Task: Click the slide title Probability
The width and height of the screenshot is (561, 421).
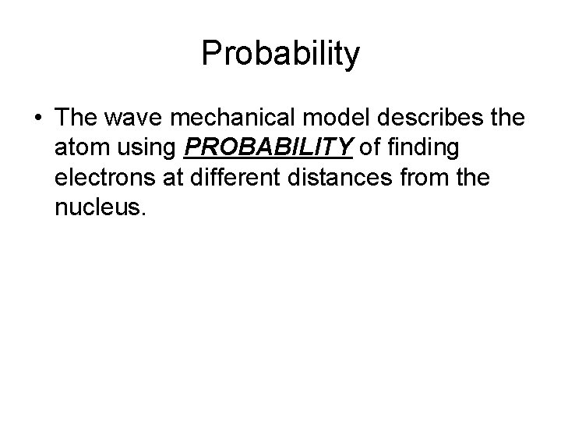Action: (x=280, y=55)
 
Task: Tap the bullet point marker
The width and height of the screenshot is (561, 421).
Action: (x=38, y=119)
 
